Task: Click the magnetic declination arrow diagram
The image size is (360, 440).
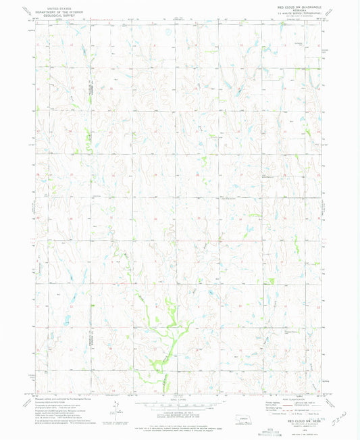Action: tap(115, 407)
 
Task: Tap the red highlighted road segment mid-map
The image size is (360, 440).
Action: tap(216, 241)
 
